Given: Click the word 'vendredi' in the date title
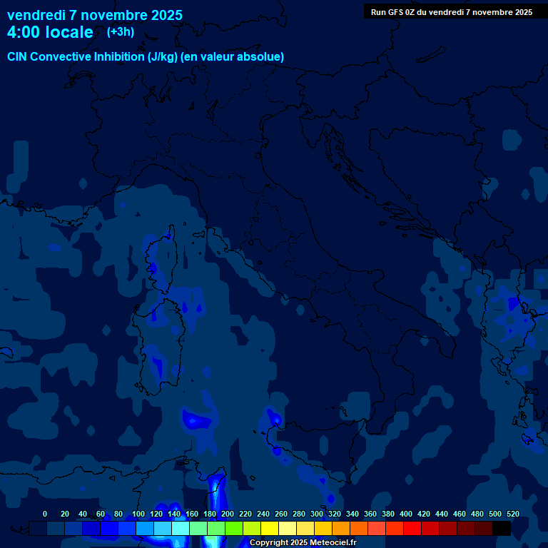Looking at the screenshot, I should (x=36, y=15).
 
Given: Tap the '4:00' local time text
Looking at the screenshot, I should (x=24, y=32).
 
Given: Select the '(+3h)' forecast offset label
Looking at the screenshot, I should (x=120, y=31).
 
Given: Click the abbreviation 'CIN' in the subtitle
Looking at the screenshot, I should (x=18, y=57).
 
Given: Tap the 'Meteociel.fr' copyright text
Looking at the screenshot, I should (x=328, y=543).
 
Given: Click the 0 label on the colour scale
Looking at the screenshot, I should (x=45, y=514).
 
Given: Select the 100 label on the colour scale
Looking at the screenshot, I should (x=138, y=514).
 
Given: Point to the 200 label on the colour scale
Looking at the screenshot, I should (x=228, y=514).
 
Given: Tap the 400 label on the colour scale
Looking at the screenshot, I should (x=406, y=514).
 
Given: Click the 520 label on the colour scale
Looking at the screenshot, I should (x=513, y=514).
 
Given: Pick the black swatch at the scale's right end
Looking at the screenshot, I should (x=502, y=528).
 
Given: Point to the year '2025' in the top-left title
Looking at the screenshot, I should (x=166, y=15).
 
